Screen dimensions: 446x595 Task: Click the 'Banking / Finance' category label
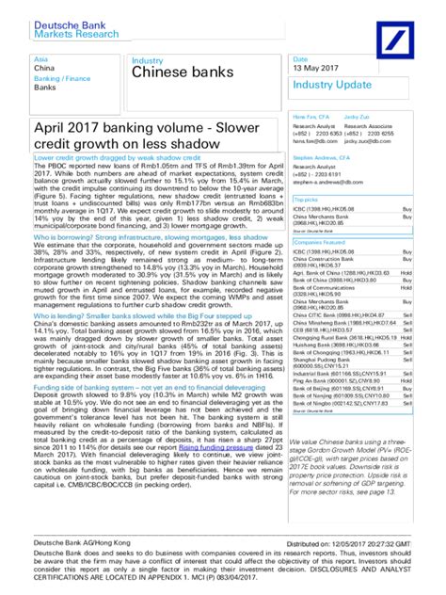58,78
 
